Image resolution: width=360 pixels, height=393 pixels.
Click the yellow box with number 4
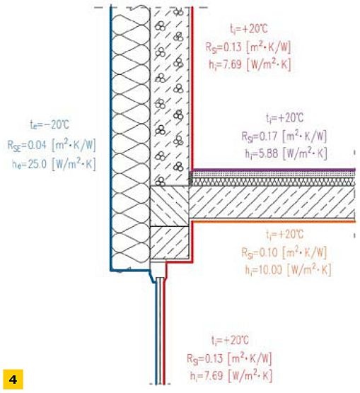pos(13,379)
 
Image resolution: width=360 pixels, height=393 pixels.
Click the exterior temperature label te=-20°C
pos(50,124)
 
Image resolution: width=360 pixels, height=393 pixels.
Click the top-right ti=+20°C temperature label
pos(249,28)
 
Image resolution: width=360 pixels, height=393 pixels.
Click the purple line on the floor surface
pos(274,170)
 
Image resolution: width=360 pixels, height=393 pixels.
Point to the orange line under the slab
pos(274,221)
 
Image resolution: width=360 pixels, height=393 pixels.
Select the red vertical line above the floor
pos(192,88)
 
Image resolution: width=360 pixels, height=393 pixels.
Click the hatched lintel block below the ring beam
pos(169,242)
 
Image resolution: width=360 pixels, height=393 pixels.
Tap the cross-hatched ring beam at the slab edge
pos(169,206)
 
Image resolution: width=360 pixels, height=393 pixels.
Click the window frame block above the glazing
pos(158,269)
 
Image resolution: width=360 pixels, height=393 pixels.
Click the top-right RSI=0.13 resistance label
pos(248,47)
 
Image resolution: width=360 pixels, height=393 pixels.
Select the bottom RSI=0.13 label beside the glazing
pos(229,358)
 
